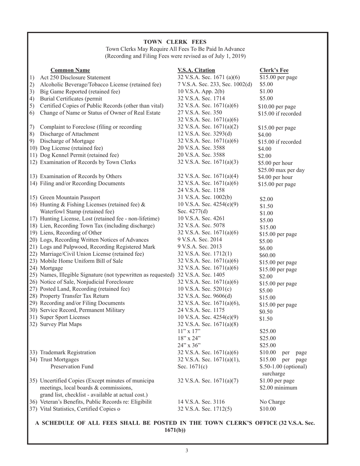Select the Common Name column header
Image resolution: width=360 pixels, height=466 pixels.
[x=70, y=70]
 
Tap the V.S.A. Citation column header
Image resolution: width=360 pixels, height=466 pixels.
[x=196, y=70]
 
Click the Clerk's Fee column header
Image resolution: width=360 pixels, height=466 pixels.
[x=274, y=70]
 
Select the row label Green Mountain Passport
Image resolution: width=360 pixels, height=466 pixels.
[x=70, y=197]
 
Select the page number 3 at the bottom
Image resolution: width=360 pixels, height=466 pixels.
[x=186, y=450]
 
